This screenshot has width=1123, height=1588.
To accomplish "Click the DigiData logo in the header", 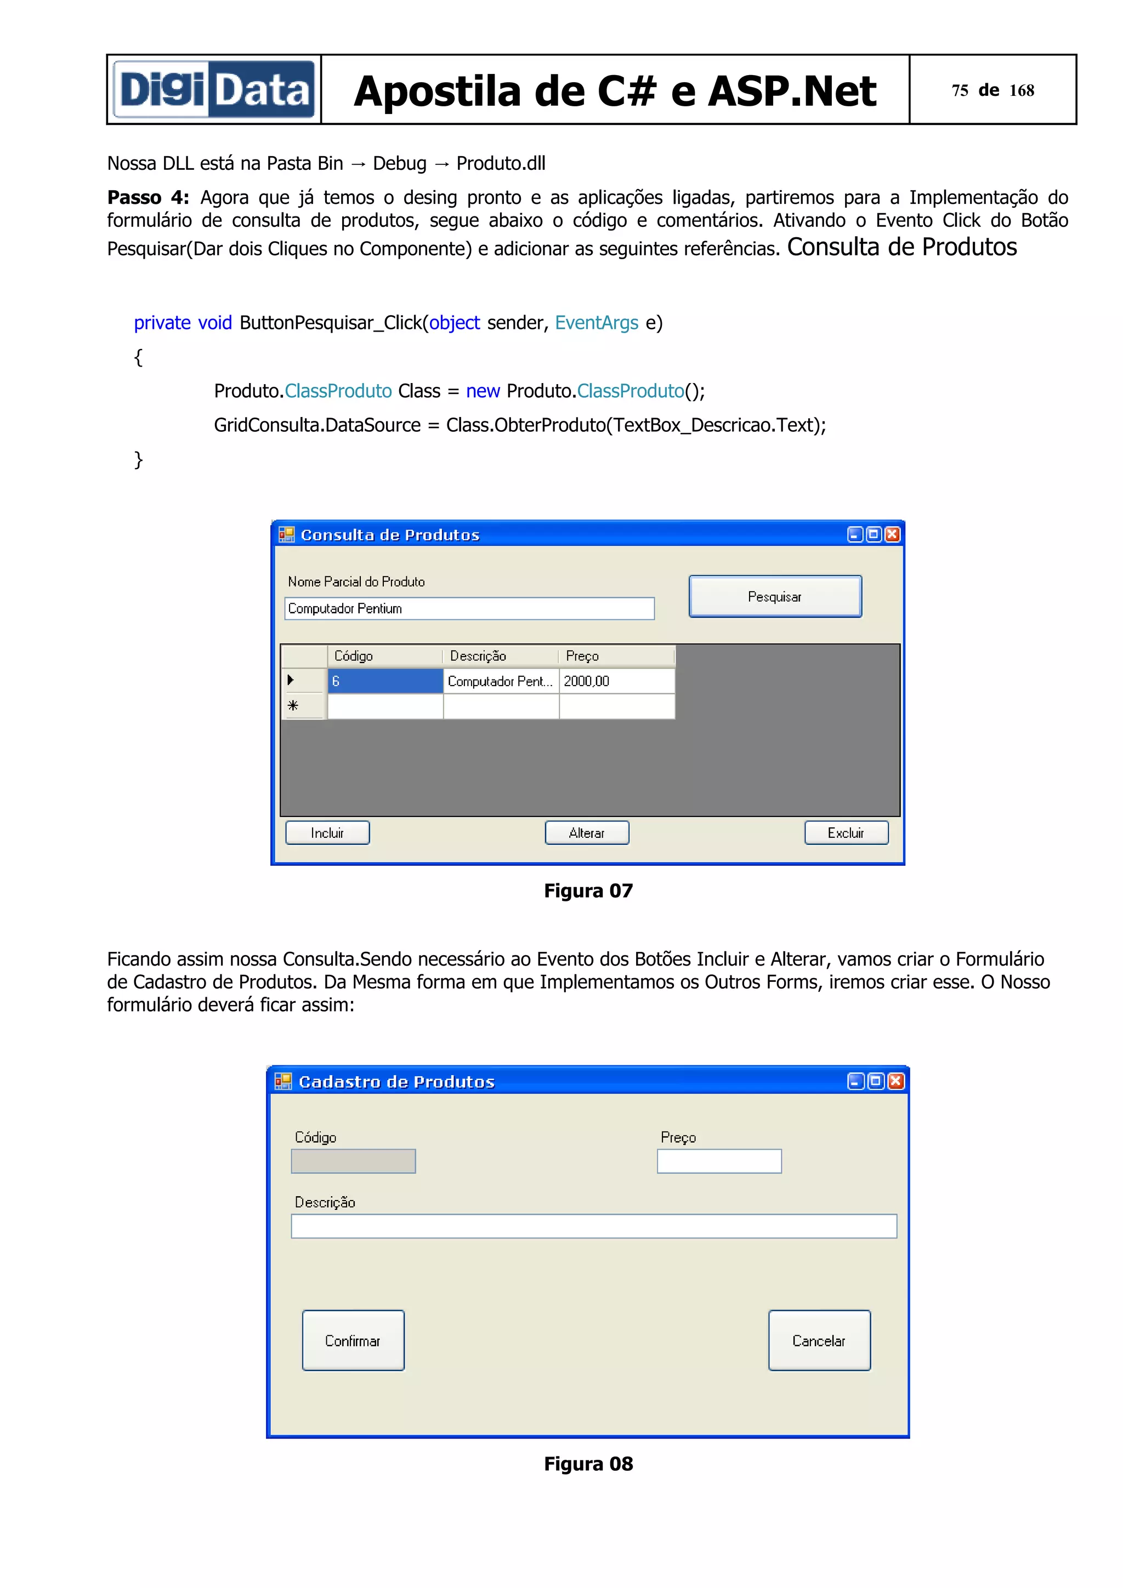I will (x=214, y=89).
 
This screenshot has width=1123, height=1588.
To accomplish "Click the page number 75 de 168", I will (x=992, y=90).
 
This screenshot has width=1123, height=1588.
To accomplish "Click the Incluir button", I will (x=327, y=833).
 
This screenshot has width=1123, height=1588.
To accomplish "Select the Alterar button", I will (x=587, y=833).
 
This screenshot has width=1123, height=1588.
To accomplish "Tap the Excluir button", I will (x=846, y=833).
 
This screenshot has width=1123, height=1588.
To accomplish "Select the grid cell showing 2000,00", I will (x=616, y=681).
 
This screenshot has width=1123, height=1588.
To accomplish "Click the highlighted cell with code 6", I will (x=385, y=681).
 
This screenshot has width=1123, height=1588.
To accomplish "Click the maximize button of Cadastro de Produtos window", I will (x=875, y=1081).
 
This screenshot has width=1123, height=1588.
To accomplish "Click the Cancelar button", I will (x=819, y=1340).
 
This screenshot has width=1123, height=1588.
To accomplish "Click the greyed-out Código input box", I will (x=353, y=1161).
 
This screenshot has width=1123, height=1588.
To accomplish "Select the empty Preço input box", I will (x=719, y=1161).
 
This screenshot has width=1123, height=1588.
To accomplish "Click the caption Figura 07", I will (x=588, y=891).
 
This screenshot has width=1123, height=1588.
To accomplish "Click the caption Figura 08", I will (x=588, y=1464).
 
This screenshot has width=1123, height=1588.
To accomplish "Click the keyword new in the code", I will (x=483, y=391).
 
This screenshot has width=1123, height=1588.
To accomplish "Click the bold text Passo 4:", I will (x=148, y=198).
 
